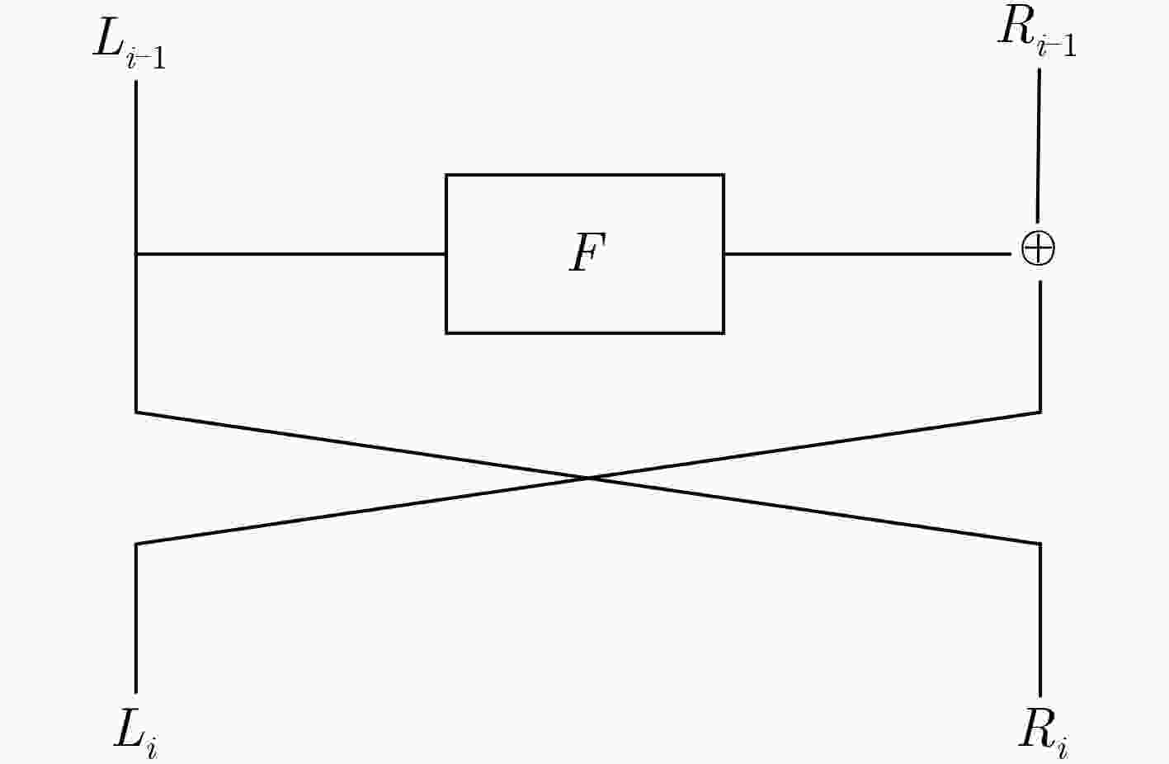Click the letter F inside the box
(x=587, y=252)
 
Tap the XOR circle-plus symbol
(x=1038, y=249)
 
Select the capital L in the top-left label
(x=108, y=40)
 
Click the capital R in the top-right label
(x=1016, y=26)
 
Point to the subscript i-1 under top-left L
(x=146, y=59)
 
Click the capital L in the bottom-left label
(x=129, y=729)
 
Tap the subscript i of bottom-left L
(x=151, y=748)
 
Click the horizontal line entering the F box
(x=290, y=254)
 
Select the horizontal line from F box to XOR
(x=867, y=254)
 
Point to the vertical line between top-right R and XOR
(x=1038, y=145)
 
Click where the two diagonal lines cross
(x=588, y=478)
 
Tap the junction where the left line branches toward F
(x=136, y=254)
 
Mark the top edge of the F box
(x=584, y=175)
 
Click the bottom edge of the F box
(x=584, y=333)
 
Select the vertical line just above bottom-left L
(x=136, y=619)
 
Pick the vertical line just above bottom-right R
(x=1040, y=620)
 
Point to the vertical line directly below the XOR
(x=1040, y=347)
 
